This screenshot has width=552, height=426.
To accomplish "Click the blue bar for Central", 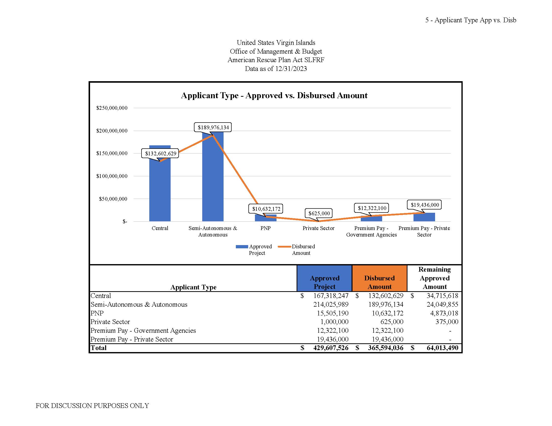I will click(x=160, y=192).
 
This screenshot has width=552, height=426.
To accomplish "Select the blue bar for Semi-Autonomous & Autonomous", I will click(x=213, y=182).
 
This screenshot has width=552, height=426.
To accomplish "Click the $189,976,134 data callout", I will click(x=213, y=127).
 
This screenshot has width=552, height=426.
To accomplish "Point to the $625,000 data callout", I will click(x=319, y=213).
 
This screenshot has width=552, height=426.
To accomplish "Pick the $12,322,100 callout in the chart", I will click(x=372, y=208).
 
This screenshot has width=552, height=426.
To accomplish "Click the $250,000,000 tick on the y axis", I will click(x=112, y=108).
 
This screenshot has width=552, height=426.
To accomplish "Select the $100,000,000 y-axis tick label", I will click(x=112, y=176).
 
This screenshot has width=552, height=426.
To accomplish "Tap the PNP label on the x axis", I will click(x=265, y=228).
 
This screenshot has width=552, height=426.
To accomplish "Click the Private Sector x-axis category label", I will click(x=318, y=228).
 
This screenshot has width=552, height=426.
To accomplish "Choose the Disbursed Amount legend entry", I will click(x=297, y=250).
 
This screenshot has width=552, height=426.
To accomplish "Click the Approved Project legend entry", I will click(x=254, y=250).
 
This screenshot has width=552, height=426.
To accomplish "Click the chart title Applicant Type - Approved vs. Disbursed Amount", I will click(x=274, y=95).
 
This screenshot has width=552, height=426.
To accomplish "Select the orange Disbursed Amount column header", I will click(x=379, y=282).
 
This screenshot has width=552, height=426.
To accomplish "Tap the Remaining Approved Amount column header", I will click(x=435, y=278).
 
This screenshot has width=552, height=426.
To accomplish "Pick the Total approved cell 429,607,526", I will click(x=331, y=348).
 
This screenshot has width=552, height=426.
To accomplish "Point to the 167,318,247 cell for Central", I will click(x=331, y=296).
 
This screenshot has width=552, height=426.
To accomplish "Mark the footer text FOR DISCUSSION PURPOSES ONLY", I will click(x=92, y=405).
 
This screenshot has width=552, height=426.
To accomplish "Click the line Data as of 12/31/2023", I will click(x=276, y=69).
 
